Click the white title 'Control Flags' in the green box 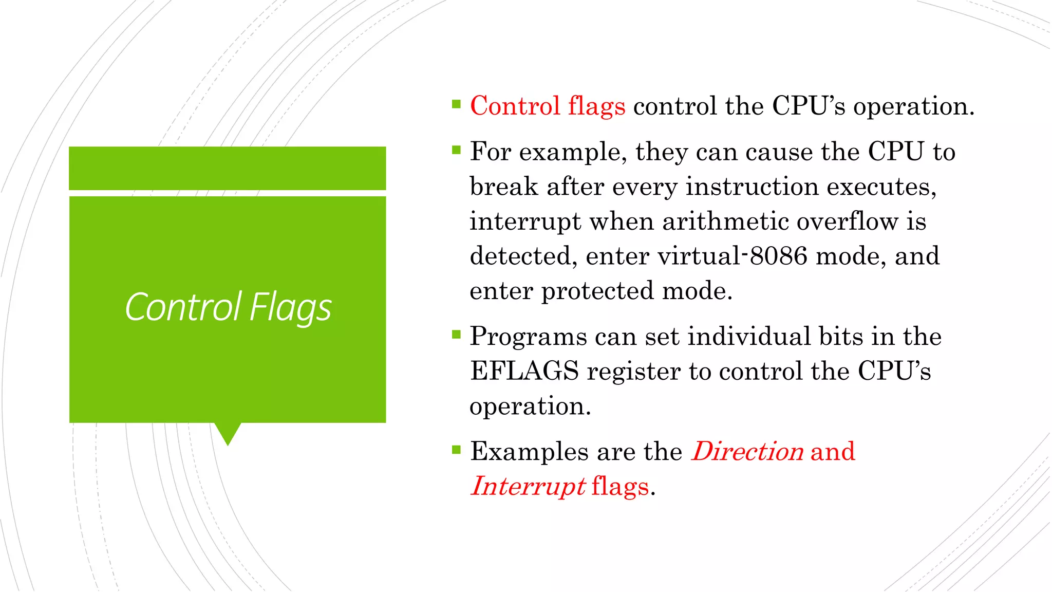[228, 307]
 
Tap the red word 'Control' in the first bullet [515, 106]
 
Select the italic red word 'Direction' [747, 452]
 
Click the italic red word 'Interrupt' [528, 486]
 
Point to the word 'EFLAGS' [524, 371]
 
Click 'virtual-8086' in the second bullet [732, 256]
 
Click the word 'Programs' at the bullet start [528, 337]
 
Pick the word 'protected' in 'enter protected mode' [598, 291]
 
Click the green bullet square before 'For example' [456, 150]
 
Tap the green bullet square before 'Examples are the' [456, 450]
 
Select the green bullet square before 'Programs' [456, 335]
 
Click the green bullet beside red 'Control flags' [456, 104]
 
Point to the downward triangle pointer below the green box [228, 433]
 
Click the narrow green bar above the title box [228, 168]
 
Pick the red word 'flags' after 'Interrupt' [620, 487]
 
